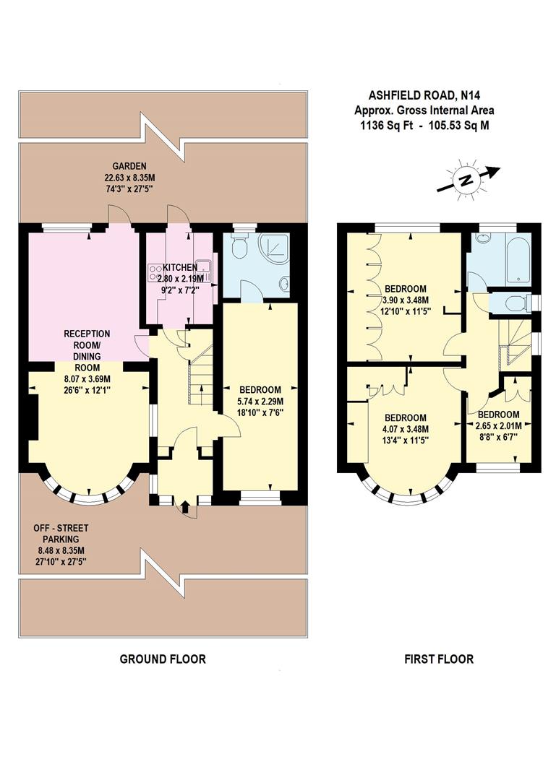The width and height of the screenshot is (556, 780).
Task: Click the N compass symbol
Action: (x=467, y=179)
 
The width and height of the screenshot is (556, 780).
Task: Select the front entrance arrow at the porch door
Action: (x=185, y=508)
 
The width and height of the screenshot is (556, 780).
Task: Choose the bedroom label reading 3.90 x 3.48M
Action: (x=406, y=300)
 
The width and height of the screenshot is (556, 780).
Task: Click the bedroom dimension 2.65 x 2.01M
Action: (x=499, y=425)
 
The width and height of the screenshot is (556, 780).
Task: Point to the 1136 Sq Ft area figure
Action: (x=386, y=124)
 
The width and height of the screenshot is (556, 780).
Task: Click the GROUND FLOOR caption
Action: (x=162, y=659)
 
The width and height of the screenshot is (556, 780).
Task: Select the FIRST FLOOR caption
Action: (x=439, y=659)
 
